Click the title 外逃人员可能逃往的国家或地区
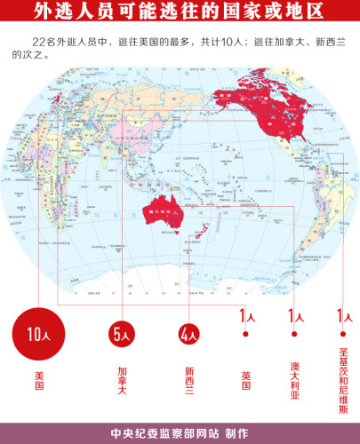coord(180,12)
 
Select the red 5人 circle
coord(122,334)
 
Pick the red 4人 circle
coord(188,335)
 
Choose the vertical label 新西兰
coord(189,380)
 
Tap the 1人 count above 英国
coord(247,315)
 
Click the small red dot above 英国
coord(246,335)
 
